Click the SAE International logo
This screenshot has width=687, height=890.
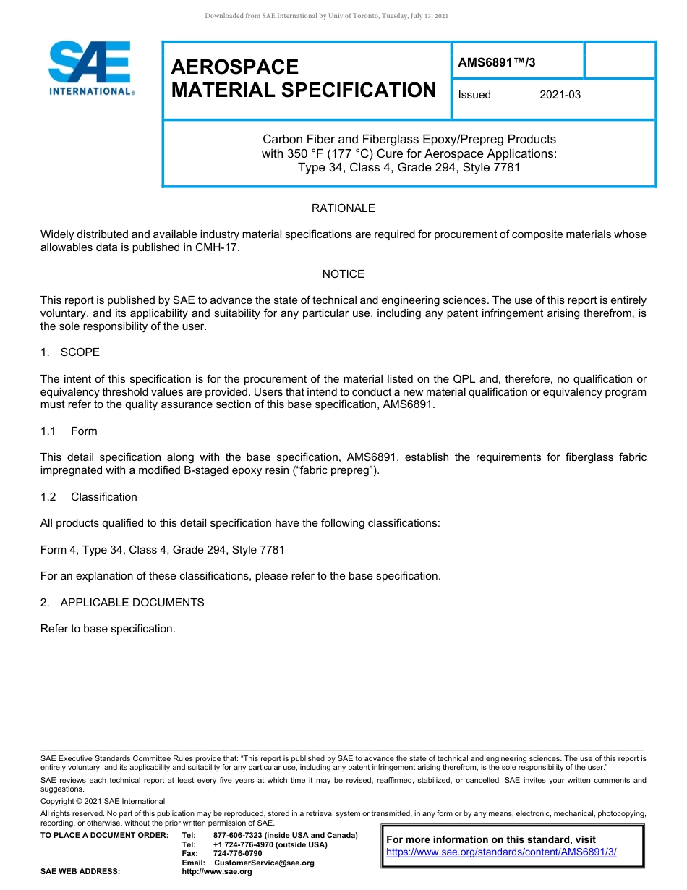(x=90, y=68)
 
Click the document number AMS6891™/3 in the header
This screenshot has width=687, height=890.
(x=496, y=62)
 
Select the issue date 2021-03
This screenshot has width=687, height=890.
(x=560, y=95)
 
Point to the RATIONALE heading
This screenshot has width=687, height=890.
(x=343, y=208)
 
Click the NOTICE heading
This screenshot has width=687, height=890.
(x=343, y=274)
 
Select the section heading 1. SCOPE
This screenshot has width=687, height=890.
(x=70, y=352)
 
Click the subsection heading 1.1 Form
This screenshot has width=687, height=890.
(x=69, y=431)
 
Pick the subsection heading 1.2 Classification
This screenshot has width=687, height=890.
(x=88, y=497)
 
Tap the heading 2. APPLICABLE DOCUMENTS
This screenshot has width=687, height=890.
(x=122, y=603)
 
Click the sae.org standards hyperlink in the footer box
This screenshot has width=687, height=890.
(x=501, y=852)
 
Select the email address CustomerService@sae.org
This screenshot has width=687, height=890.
(x=264, y=863)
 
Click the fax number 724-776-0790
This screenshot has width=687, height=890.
(x=237, y=854)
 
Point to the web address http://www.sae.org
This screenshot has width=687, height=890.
(x=217, y=871)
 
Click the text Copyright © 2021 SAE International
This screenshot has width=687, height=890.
(x=103, y=801)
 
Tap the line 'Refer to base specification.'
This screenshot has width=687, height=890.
(x=108, y=629)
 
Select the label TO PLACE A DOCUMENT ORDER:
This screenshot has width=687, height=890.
(x=104, y=836)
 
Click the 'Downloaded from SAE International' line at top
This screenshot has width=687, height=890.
(x=327, y=16)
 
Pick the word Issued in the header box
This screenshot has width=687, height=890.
(x=474, y=95)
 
